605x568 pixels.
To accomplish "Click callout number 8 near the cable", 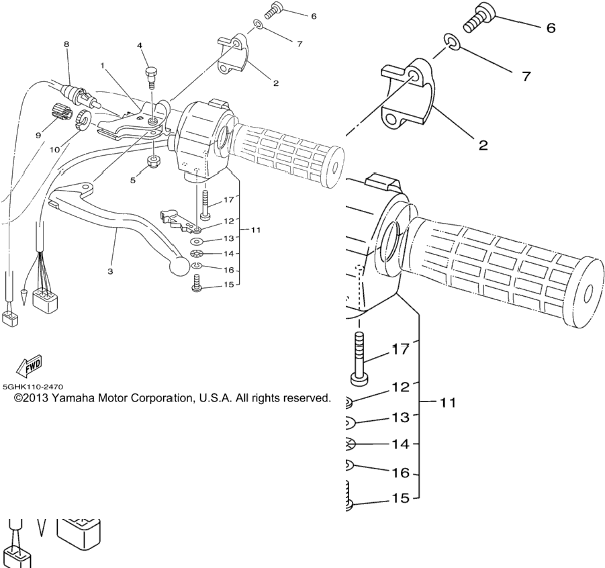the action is pyautogui.click(x=66, y=44).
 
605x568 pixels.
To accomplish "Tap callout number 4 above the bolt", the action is pyautogui.click(x=140, y=46).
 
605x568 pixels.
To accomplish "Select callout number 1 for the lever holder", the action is pyautogui.click(x=102, y=66).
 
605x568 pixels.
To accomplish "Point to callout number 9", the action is pyautogui.click(x=38, y=135).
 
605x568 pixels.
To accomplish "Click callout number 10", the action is pyautogui.click(x=55, y=150).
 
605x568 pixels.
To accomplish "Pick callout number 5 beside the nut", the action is pyautogui.click(x=133, y=180).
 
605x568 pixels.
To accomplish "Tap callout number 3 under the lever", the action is pyautogui.click(x=110, y=271).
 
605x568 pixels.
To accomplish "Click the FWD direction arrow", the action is pyautogui.click(x=29, y=367).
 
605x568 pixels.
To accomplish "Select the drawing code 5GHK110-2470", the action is pyautogui.click(x=33, y=386).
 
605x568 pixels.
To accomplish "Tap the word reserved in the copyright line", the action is pyautogui.click(x=307, y=398).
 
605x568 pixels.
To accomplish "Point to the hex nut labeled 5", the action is pyautogui.click(x=154, y=163).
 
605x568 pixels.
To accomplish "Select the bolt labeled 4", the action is pyautogui.click(x=151, y=78).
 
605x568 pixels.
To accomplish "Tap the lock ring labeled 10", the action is pyautogui.click(x=83, y=119).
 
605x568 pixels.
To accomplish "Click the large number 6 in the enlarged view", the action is pyautogui.click(x=551, y=28).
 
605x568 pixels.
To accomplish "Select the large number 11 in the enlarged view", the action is pyautogui.click(x=448, y=402).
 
